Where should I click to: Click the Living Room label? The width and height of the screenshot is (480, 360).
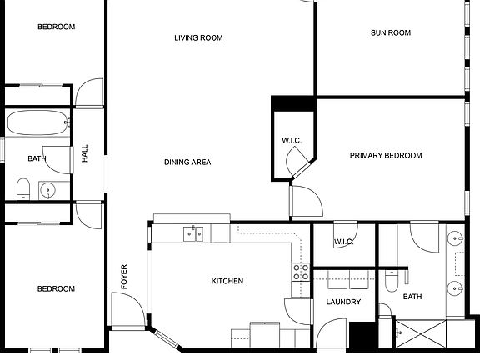tap(198, 37)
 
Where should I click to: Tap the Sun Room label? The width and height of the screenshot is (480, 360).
tap(391, 32)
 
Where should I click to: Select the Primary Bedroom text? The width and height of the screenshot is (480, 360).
tap(385, 155)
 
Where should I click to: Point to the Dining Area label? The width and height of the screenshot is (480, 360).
tap(187, 162)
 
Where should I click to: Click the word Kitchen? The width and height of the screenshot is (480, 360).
tap(227, 282)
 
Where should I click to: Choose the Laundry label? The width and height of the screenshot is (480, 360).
tap(343, 302)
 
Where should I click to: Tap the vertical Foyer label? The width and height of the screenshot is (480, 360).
tap(124, 276)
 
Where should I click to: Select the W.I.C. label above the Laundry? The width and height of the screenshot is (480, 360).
tap(345, 242)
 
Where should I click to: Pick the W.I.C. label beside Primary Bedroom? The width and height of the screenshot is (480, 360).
tap(292, 139)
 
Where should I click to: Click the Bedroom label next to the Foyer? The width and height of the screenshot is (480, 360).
tap(56, 289)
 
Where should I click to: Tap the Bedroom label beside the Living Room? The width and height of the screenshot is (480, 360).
tap(56, 27)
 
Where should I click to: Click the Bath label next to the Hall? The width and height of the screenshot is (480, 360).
tap(37, 158)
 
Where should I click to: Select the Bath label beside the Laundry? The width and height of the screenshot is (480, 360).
tap(412, 297)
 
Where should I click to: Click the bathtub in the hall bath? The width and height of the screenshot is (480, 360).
tap(37, 125)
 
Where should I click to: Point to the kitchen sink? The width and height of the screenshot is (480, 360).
tap(193, 232)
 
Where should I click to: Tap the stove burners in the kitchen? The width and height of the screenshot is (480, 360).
tap(300, 271)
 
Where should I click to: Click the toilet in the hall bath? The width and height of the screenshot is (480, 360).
tap(23, 187)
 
